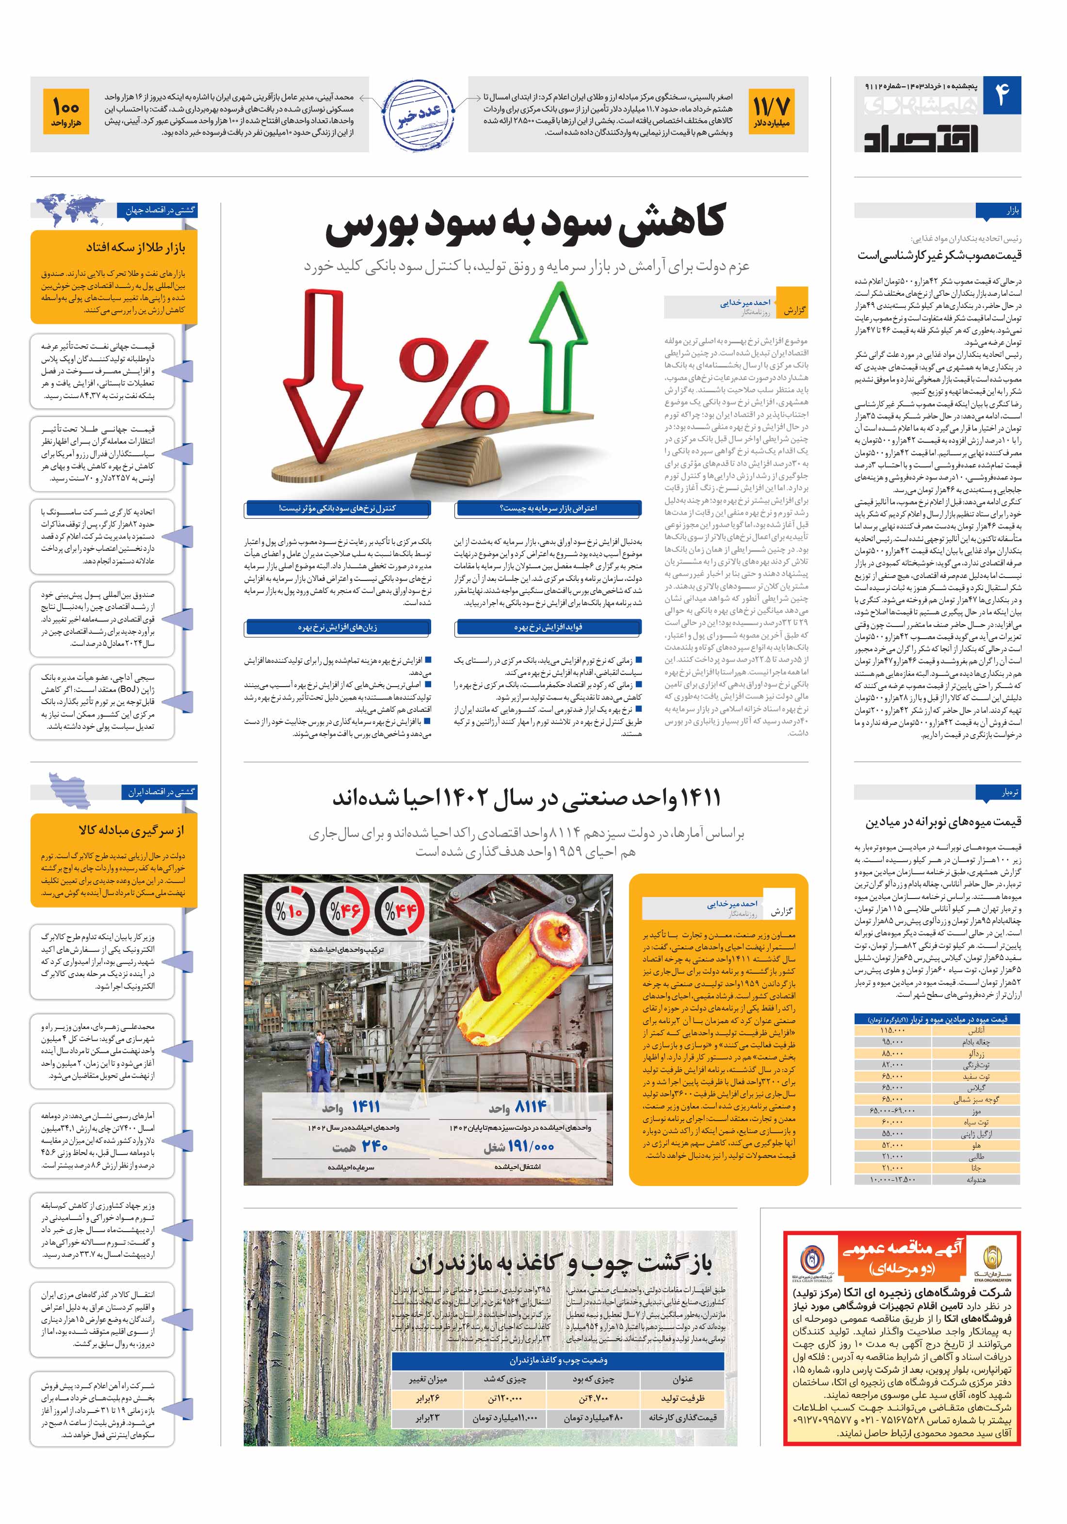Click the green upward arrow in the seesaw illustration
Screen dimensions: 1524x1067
[556, 345]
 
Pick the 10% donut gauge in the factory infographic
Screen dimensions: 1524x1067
[290, 912]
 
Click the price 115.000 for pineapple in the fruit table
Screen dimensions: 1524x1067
[892, 1030]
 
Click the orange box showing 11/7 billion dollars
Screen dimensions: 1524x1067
[771, 113]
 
